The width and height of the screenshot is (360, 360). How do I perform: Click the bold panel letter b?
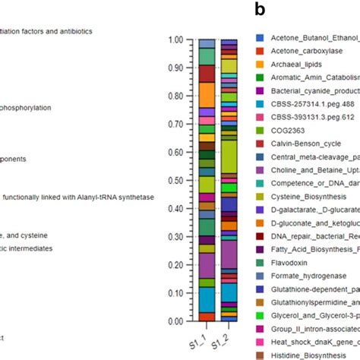point(259,10)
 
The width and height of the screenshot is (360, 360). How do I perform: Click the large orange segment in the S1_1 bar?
point(206,95)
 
